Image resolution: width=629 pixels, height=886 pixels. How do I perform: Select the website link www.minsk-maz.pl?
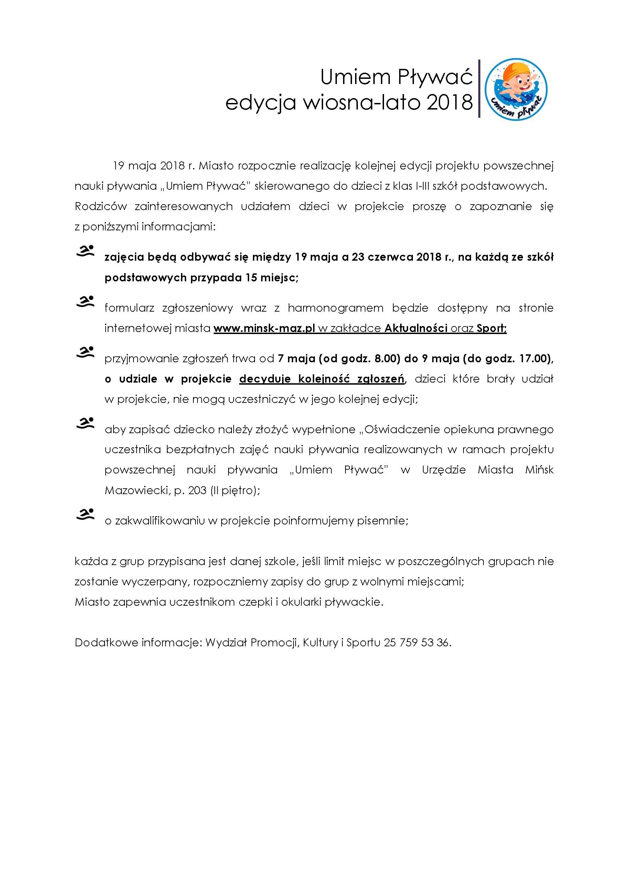[x=264, y=328]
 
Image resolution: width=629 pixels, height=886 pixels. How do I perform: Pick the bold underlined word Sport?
[x=491, y=328]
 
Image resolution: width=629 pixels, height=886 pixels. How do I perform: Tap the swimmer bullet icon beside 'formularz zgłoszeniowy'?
[x=85, y=302]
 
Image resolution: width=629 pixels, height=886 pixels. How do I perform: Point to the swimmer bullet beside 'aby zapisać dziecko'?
[x=85, y=423]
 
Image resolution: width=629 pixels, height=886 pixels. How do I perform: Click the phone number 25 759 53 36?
[x=417, y=643]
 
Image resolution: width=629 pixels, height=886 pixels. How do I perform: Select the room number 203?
[x=197, y=490]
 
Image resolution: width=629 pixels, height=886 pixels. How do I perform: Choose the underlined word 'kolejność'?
[x=324, y=379]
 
